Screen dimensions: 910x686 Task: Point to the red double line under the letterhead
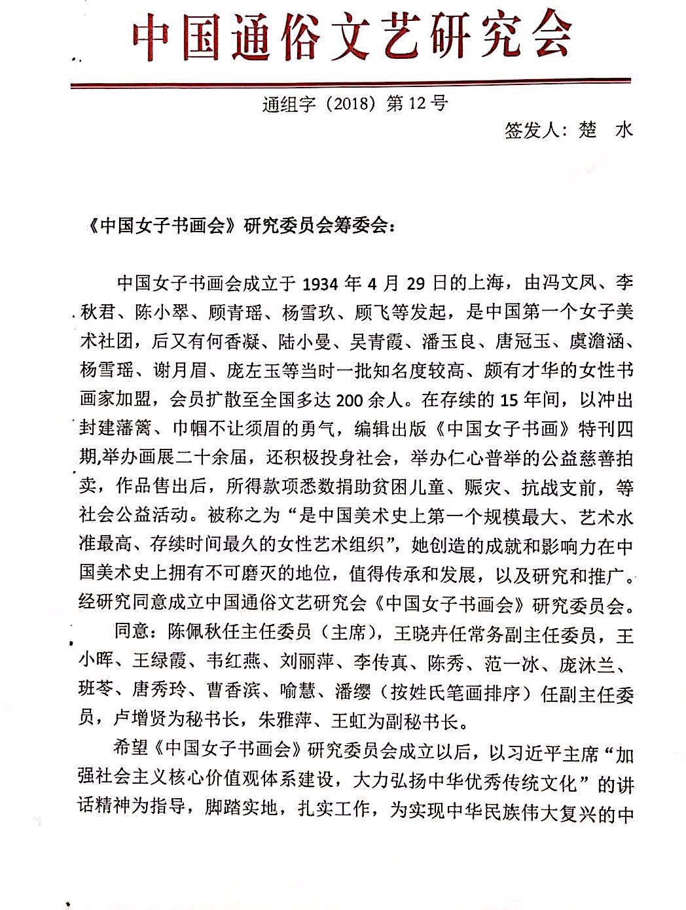point(352,83)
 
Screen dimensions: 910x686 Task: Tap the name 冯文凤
point(566,283)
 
